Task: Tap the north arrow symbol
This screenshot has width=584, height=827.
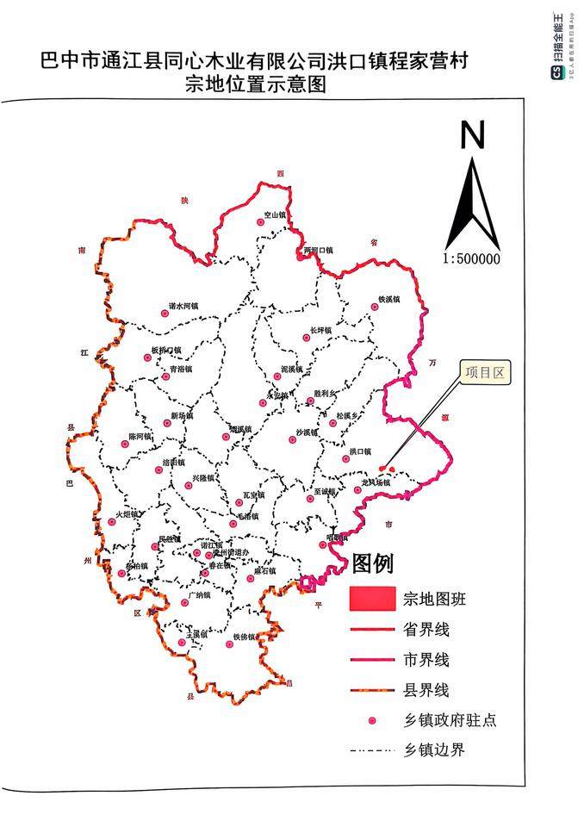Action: point(473,190)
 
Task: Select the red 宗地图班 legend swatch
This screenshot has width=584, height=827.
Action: point(372,598)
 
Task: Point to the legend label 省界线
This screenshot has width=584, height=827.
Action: point(426,629)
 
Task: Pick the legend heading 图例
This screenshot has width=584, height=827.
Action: point(372,564)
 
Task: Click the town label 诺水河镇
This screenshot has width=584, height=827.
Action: point(183,305)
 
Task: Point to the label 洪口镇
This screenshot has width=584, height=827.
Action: point(360,451)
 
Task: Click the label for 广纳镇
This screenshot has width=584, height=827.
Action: point(199,594)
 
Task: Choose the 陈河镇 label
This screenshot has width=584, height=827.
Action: point(140,436)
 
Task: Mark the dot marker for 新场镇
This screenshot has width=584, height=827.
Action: point(166,423)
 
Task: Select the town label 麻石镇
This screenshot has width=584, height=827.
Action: point(265,570)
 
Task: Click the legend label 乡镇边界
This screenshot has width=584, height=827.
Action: point(434,749)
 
